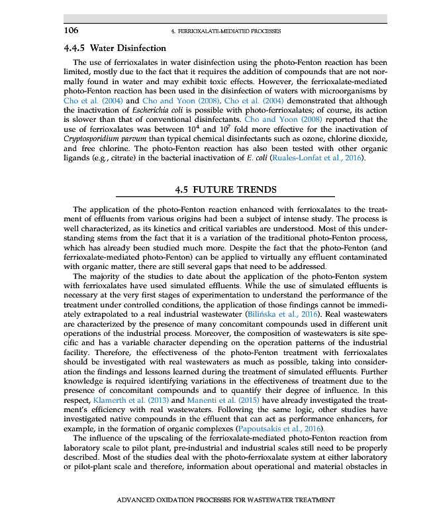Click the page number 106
click(71, 30)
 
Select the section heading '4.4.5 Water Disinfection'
click(115, 48)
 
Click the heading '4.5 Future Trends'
click(226, 189)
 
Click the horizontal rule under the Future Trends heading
click(226, 197)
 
